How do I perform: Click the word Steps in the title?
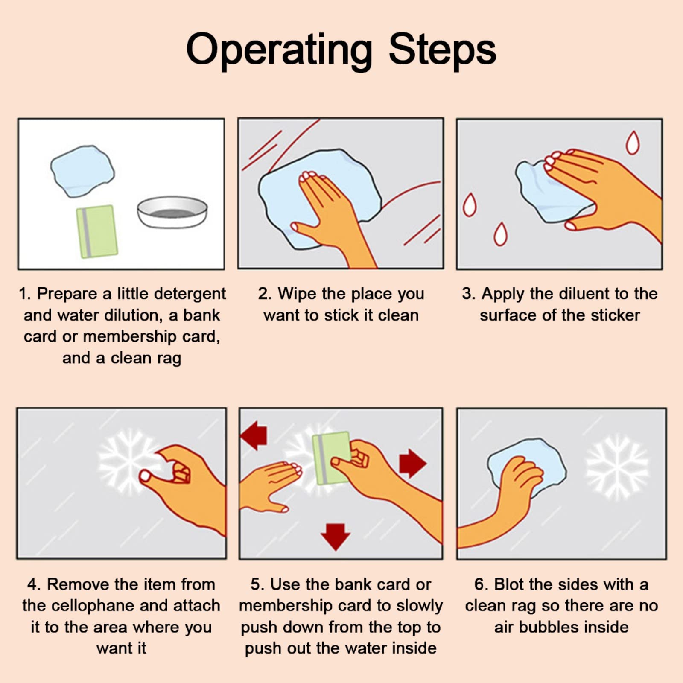[x=442, y=50]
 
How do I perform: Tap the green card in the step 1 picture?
[x=96, y=232]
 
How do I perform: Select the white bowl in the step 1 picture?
[x=172, y=212]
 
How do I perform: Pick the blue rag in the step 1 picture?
[x=82, y=171]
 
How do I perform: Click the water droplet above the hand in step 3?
[x=633, y=143]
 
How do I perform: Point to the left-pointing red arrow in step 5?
[x=254, y=435]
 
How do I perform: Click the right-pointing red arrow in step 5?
[x=413, y=463]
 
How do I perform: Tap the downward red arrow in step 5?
[x=336, y=537]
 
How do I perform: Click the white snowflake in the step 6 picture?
[x=617, y=466]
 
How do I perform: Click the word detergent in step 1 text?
[x=190, y=294]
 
